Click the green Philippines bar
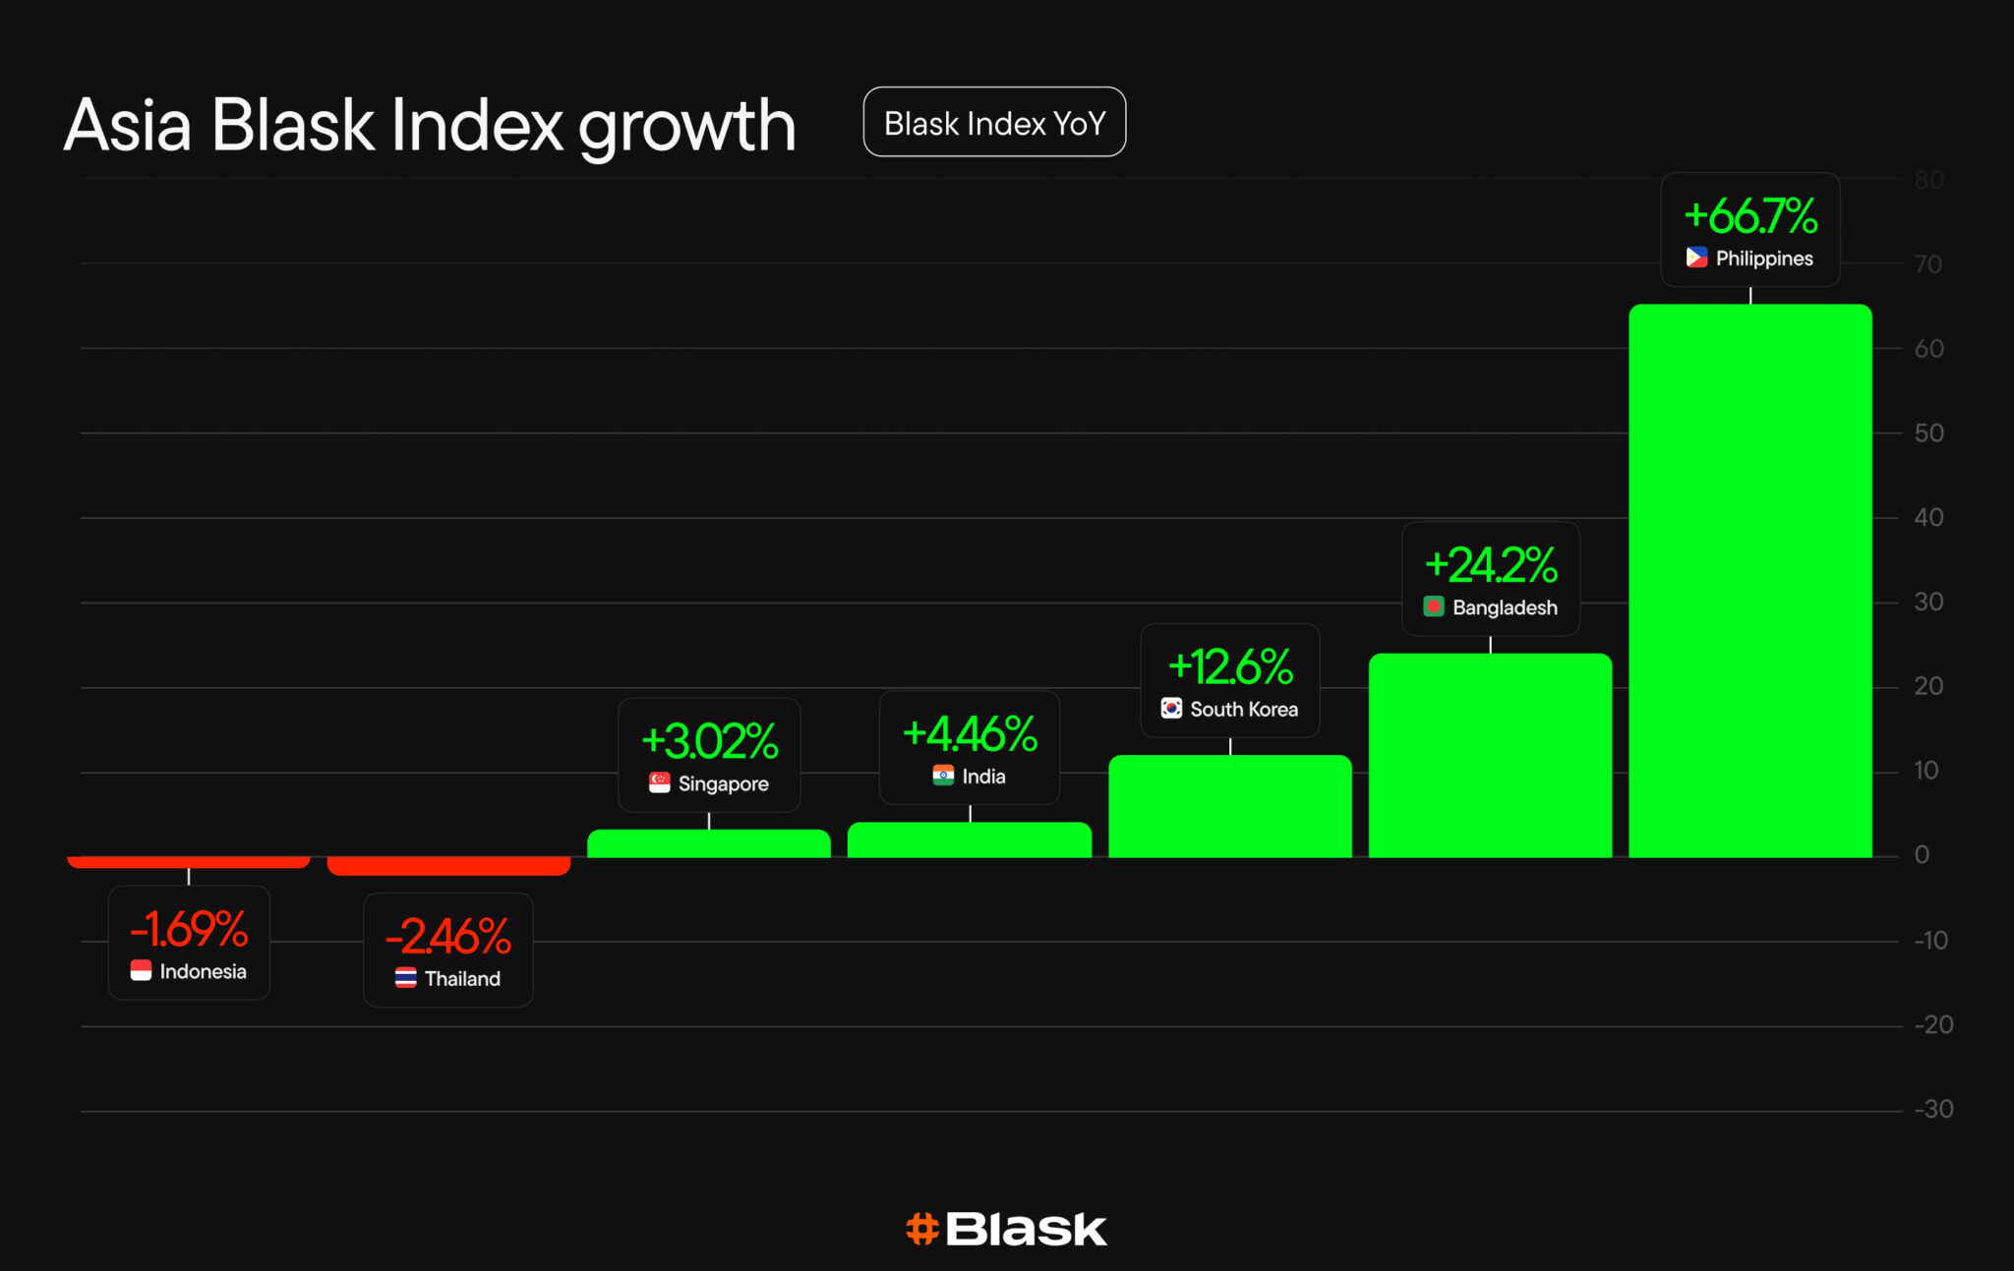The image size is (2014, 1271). pos(1750,580)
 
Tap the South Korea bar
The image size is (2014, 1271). pos(1229,806)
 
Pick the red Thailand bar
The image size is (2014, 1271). pos(448,866)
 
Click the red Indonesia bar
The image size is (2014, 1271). pos(189,862)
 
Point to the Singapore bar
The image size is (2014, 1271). pos(709,843)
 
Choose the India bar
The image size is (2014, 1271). pos(970,840)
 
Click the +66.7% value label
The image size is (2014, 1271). pos(1750,216)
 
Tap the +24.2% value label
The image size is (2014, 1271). pos(1491,565)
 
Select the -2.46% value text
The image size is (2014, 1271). pos(448,937)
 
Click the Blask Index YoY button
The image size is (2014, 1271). pos(994,123)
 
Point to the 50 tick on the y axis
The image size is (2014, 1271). pos(1928,433)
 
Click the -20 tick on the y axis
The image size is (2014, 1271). pos(1933,1025)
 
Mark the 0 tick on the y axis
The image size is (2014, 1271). pos(1922,855)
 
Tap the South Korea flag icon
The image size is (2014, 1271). pos(1171,709)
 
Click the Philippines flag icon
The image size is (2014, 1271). pos(1696,258)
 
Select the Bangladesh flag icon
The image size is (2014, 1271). pos(1434,607)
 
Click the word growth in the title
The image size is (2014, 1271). pos(686,128)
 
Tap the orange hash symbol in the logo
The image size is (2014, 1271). pos(922,1229)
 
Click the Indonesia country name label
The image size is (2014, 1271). pos(203,971)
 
